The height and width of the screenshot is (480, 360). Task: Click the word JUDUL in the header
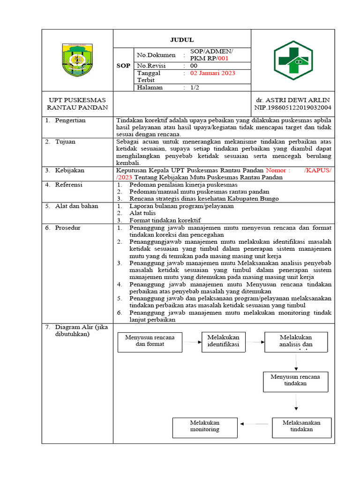(181, 40)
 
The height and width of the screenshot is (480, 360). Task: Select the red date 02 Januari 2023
(212, 73)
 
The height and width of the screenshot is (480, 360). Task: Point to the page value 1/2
(195, 87)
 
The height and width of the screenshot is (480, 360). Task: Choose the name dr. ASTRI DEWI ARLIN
(292, 100)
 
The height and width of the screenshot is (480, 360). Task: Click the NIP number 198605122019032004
(293, 107)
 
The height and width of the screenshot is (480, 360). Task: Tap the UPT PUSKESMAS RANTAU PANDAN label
(77, 104)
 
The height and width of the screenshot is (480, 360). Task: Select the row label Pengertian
(70, 120)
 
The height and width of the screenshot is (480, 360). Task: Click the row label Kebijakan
(70, 171)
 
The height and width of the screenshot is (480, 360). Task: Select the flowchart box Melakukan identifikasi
(224, 341)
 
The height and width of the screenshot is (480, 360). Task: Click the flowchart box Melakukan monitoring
(204, 426)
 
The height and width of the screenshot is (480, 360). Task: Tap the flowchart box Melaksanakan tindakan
(301, 426)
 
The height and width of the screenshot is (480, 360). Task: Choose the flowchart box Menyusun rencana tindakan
(295, 380)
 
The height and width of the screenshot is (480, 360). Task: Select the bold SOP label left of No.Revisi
(123, 66)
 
